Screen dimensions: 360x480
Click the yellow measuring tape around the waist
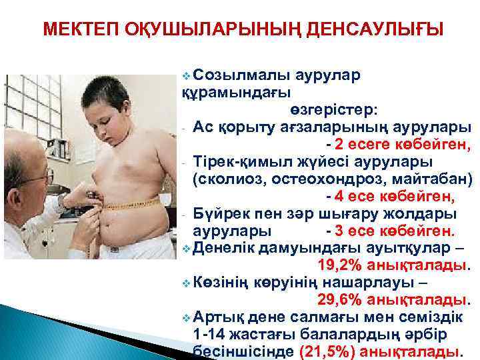(x=130, y=204)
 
